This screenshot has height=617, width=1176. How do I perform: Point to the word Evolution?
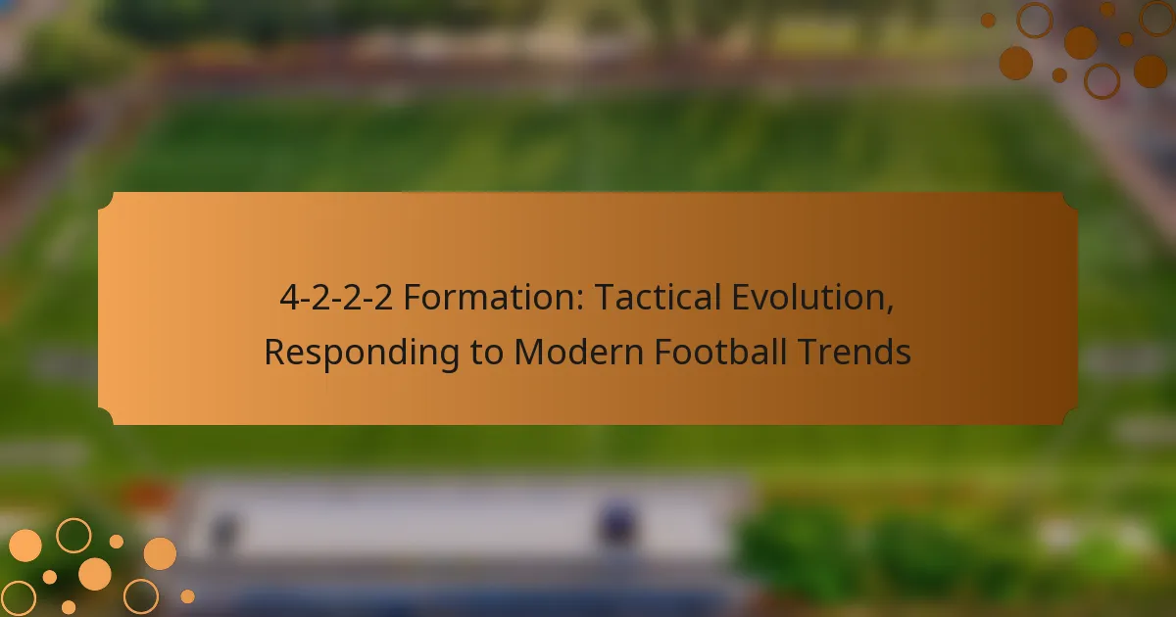point(808,299)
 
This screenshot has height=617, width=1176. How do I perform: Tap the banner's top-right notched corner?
point(1069,200)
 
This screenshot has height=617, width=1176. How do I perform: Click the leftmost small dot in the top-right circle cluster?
point(988,20)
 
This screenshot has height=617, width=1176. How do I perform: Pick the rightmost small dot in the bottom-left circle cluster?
point(187,595)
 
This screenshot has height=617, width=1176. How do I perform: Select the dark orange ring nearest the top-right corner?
point(1157,20)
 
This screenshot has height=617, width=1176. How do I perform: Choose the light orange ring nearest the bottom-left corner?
point(18,597)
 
